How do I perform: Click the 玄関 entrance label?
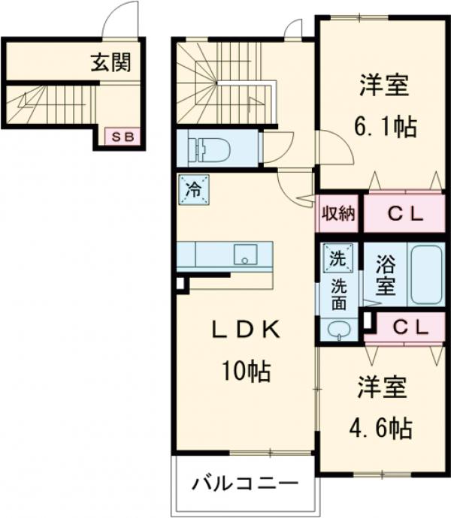[x=110, y=62]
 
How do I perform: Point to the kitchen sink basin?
[x=244, y=255]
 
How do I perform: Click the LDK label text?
[x=245, y=331]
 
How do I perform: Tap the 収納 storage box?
[x=339, y=213]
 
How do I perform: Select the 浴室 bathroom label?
[x=385, y=275]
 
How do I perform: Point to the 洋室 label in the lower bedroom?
[x=381, y=389]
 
